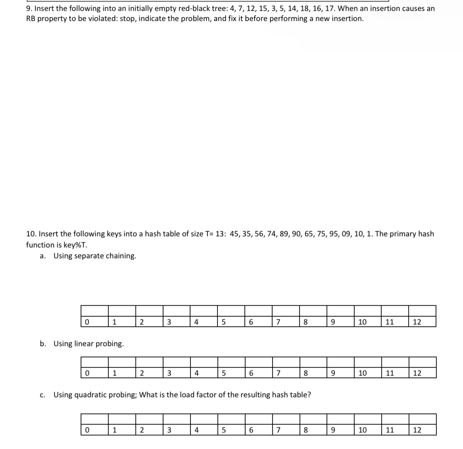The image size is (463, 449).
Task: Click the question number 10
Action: click(x=31, y=234)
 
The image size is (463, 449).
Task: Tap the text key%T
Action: click(x=75, y=245)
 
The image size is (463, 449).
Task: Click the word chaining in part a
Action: click(x=121, y=256)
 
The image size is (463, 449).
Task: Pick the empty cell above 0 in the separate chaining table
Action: click(x=95, y=311)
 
